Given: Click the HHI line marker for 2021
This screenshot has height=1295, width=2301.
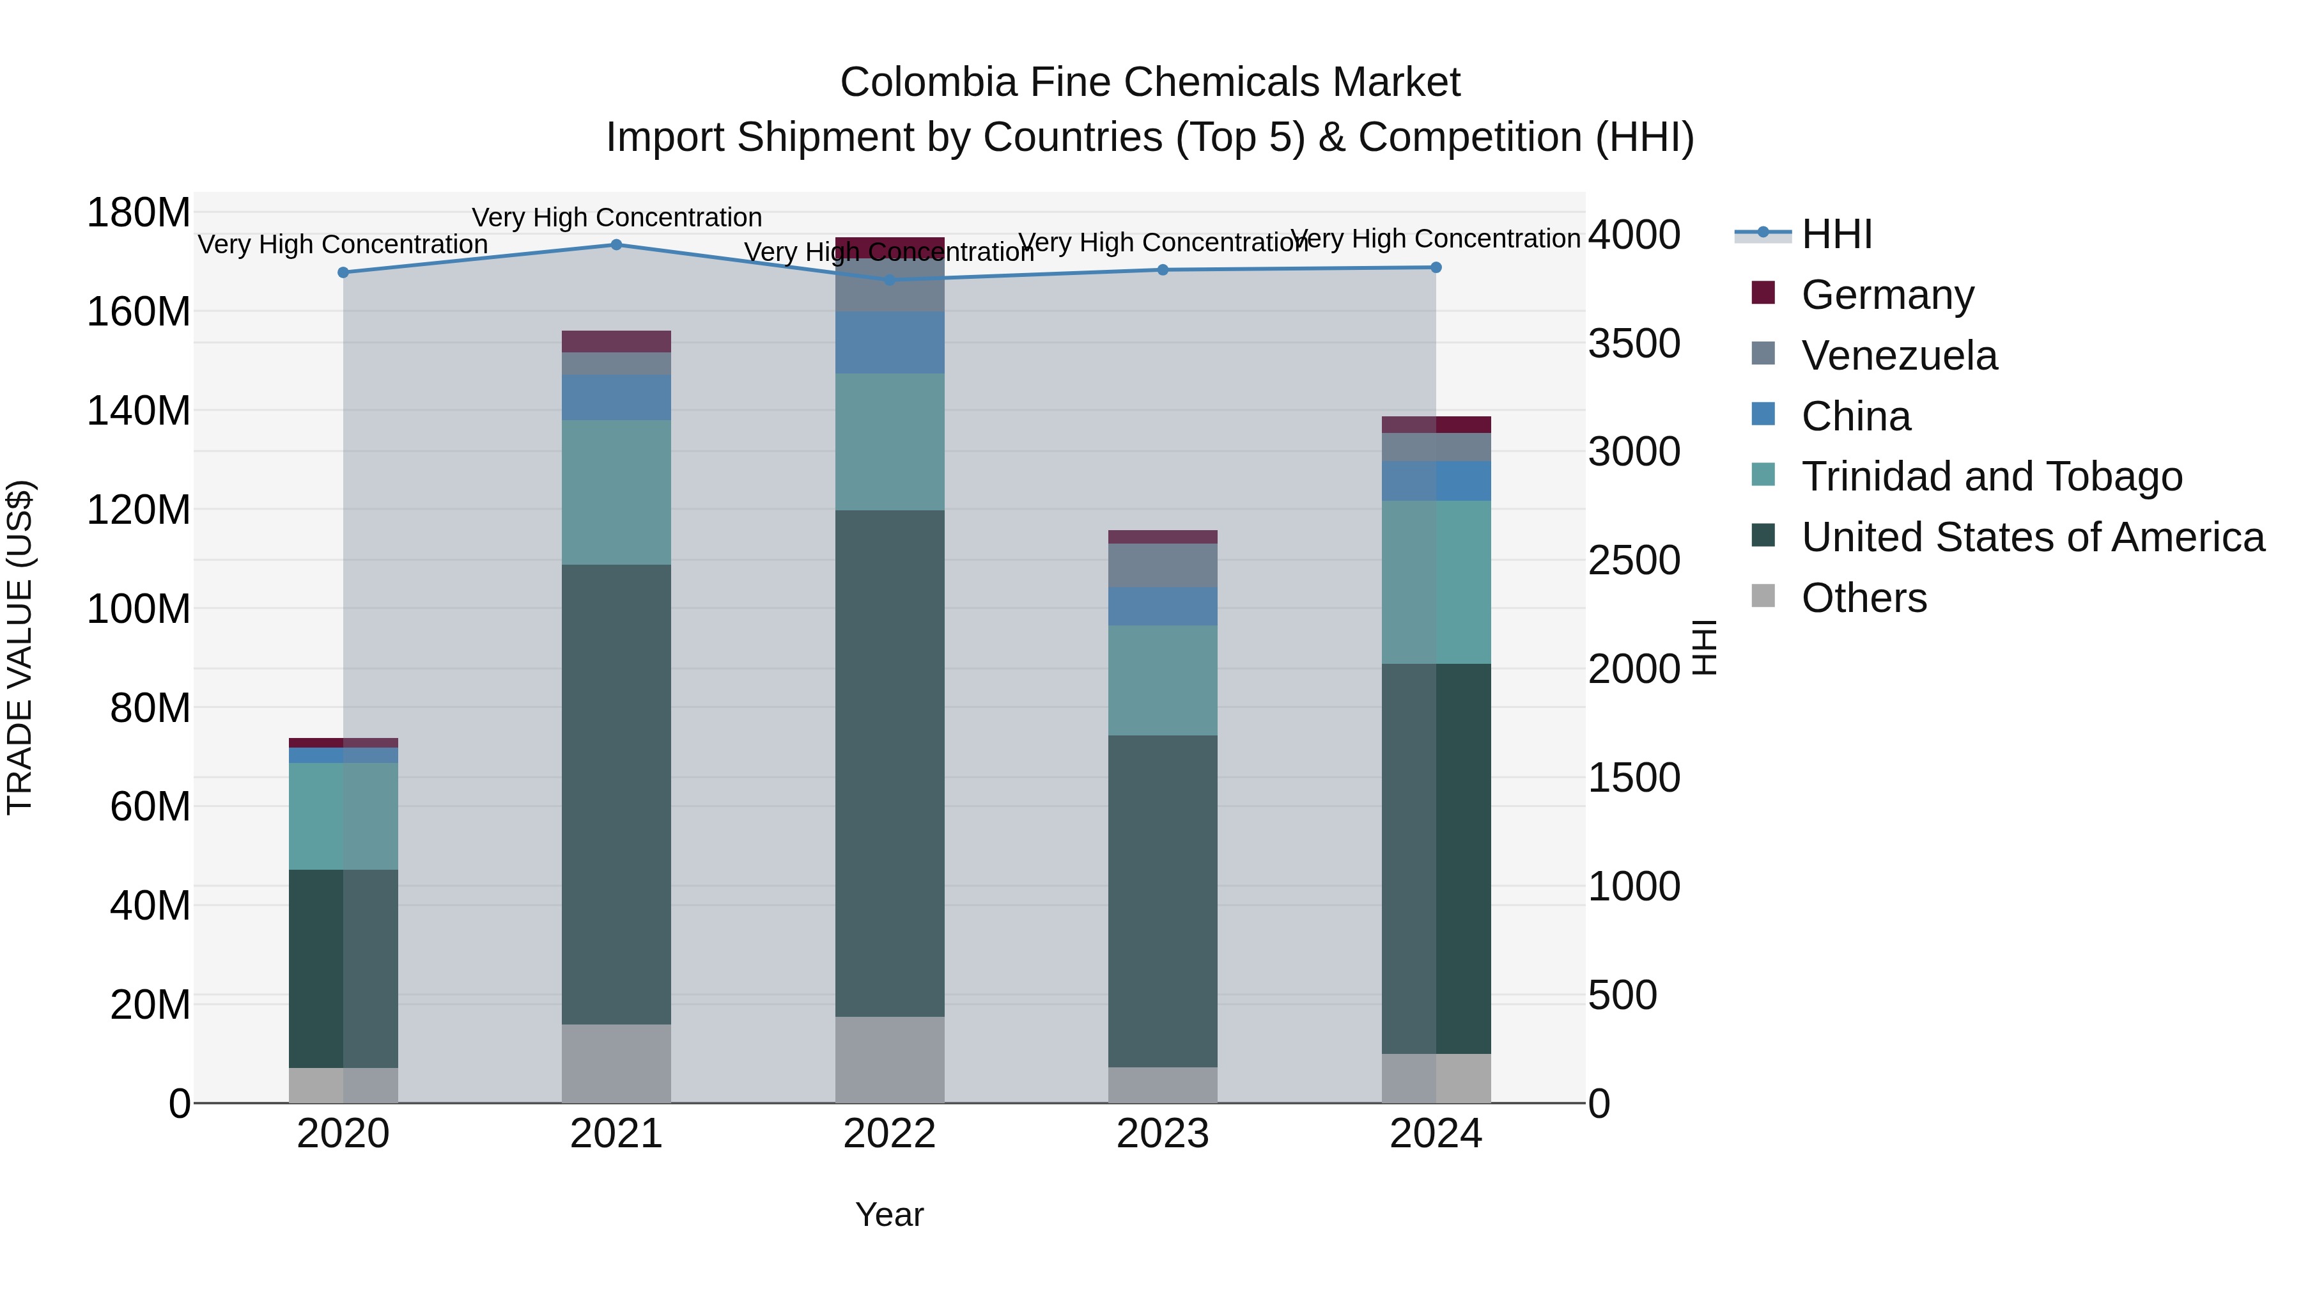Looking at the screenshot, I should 616,245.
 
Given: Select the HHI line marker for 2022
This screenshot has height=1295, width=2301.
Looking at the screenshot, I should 890,279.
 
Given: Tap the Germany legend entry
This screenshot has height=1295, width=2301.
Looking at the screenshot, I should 1887,295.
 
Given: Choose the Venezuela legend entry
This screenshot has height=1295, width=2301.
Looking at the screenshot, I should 1898,356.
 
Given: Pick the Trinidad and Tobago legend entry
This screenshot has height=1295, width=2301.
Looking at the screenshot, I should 1991,476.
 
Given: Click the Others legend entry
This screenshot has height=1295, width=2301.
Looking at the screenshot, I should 1863,598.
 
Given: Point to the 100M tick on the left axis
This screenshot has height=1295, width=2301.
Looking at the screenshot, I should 139,609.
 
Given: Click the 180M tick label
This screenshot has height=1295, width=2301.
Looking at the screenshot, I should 139,214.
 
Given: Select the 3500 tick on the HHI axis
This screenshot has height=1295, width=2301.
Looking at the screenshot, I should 1634,344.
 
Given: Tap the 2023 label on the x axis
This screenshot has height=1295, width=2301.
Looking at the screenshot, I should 1162,1134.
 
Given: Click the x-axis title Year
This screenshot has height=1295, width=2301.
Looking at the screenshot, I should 889,1214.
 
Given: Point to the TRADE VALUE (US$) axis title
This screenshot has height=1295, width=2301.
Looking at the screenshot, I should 20,647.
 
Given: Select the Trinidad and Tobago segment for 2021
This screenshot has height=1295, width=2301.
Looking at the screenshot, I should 616,492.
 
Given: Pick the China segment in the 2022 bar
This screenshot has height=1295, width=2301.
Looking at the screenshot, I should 890,342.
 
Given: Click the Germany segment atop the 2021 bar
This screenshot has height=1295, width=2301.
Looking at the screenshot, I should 616,341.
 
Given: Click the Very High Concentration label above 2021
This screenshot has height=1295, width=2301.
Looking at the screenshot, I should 616,217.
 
